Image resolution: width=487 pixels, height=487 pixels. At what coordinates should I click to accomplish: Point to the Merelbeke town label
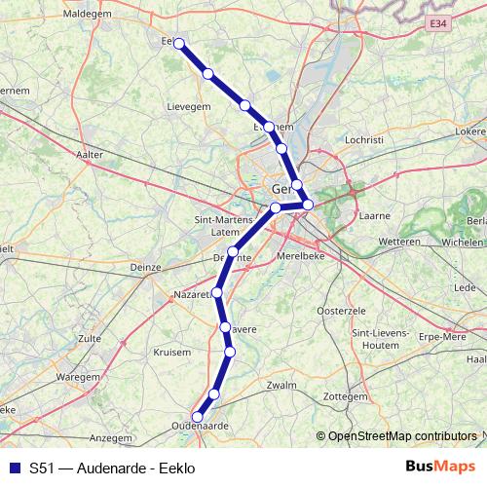[x=327, y=250]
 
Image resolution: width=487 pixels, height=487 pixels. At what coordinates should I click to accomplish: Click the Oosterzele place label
[x=340, y=310]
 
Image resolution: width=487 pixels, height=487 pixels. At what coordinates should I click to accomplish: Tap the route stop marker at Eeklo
[x=178, y=42]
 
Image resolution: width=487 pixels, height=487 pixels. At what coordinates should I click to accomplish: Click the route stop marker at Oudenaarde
[x=197, y=417]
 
